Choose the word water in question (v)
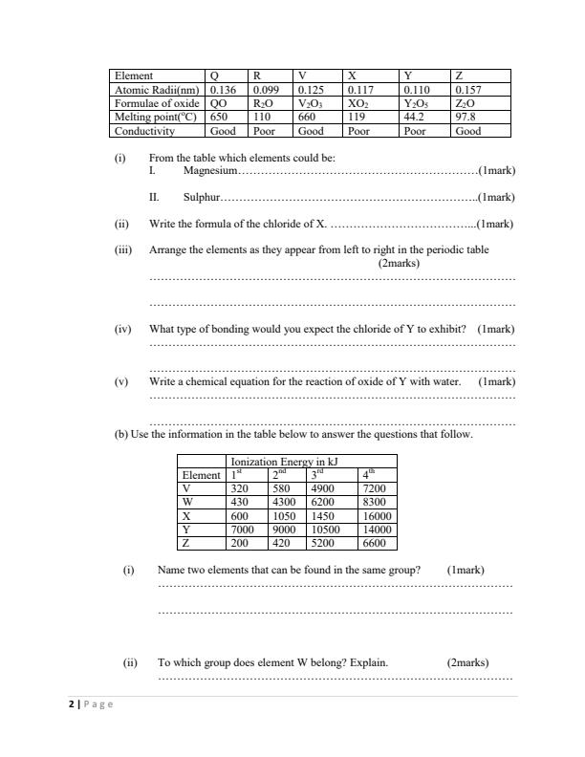(445, 381)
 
